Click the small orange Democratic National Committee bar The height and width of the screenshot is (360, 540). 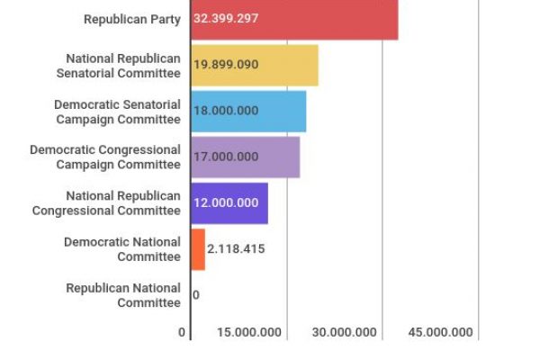(x=198, y=249)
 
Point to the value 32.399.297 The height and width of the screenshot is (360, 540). (x=226, y=19)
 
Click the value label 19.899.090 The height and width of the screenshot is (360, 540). (x=226, y=66)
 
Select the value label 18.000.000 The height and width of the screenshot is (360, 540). (x=226, y=111)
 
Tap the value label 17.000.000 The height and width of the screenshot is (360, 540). (x=226, y=157)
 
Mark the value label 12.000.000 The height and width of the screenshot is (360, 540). (x=226, y=202)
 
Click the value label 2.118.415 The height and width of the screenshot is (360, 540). (x=236, y=249)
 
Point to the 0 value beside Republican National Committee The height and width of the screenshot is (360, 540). (x=196, y=295)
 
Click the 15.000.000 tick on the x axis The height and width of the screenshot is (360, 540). (x=248, y=332)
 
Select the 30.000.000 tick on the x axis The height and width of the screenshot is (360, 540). (x=345, y=332)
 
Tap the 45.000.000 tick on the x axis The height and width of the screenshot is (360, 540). (x=440, y=332)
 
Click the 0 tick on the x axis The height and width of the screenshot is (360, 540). (x=182, y=332)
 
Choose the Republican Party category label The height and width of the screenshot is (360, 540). (x=131, y=19)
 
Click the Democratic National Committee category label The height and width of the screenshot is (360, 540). (x=122, y=249)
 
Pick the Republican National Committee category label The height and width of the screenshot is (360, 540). (x=123, y=295)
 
